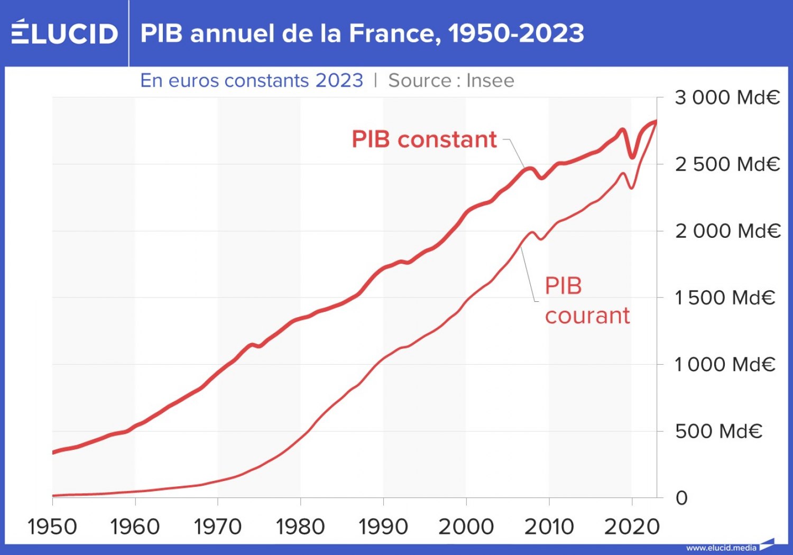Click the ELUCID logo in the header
tap(64, 33)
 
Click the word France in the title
tap(392, 33)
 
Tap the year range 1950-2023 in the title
tap(516, 33)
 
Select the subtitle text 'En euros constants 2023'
tap(252, 80)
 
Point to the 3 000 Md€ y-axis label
tap(727, 98)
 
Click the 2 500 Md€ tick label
tap(727, 164)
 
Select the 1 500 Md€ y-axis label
tap(724, 298)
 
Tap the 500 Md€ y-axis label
tap(718, 431)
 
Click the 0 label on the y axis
tap(681, 498)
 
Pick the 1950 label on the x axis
tap(52, 527)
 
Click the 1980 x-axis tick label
tap(300, 527)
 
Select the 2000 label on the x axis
tap(466, 527)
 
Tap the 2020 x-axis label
tap(632, 527)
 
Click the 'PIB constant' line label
tap(424, 140)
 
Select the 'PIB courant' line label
tap(587, 300)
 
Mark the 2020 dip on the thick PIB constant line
tap(632, 156)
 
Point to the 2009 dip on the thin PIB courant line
tap(541, 239)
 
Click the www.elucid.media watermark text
tap(721, 548)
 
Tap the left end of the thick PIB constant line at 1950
tap(53, 452)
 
